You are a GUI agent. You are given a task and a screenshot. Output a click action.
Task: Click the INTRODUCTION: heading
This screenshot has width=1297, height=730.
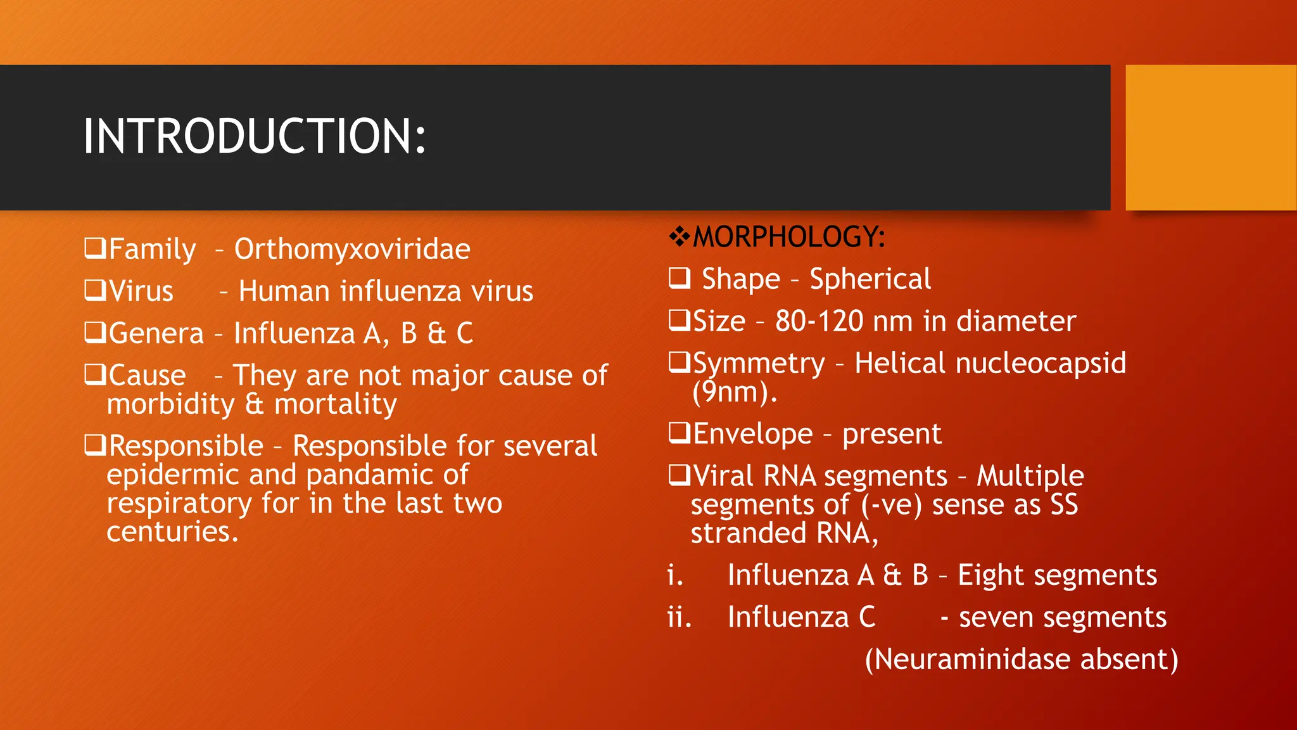point(255,136)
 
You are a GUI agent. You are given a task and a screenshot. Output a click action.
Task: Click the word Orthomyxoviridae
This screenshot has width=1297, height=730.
point(352,249)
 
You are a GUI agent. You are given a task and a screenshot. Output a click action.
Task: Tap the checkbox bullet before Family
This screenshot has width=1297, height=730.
point(95,248)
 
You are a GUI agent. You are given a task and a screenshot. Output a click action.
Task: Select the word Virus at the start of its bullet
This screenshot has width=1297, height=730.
point(141,291)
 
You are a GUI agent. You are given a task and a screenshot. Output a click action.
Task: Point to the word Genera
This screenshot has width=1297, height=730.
point(156,333)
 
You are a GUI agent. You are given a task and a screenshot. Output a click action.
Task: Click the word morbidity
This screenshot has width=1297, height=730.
point(170,404)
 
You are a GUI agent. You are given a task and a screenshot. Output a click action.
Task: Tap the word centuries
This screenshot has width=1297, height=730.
point(172,532)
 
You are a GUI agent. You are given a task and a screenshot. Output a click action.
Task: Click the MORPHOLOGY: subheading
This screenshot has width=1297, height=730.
point(788,237)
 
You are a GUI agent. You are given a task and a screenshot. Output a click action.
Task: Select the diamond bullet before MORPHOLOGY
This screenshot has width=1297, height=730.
point(680,237)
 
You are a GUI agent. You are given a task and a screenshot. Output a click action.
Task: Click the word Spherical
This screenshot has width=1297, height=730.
point(870,279)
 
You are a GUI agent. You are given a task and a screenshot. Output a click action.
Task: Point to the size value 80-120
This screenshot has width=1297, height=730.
point(819,321)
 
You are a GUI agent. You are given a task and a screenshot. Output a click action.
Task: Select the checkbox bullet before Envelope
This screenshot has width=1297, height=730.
point(680,433)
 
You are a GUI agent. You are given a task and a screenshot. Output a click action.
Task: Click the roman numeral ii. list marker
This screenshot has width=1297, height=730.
point(679,617)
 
